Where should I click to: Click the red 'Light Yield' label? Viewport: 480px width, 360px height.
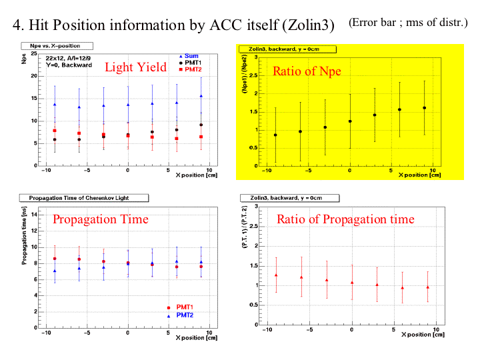pos(136,67)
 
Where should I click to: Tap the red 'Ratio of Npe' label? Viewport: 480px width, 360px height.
pos(307,71)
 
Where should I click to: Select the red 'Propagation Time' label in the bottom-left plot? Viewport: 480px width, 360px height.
pos(101,219)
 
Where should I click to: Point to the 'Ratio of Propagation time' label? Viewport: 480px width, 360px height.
pos(345,219)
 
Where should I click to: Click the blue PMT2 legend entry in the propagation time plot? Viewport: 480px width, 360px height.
pos(185,315)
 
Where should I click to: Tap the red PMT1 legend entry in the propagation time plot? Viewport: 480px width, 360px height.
pos(185,307)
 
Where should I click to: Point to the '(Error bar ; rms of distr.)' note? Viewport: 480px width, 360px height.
pos(408,22)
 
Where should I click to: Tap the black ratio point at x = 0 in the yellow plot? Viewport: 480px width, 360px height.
pos(349,121)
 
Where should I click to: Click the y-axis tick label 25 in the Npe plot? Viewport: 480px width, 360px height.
pos(35,53)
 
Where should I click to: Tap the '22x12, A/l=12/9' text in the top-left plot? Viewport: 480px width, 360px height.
pos(65,59)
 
